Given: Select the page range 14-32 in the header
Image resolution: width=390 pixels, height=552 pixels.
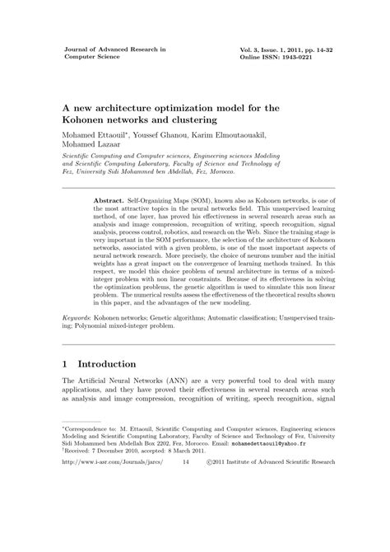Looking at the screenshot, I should tap(313, 49).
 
